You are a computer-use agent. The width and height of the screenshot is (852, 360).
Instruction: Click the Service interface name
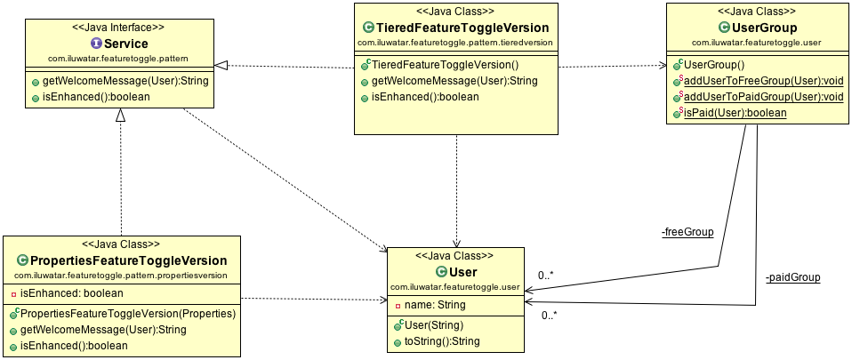125,44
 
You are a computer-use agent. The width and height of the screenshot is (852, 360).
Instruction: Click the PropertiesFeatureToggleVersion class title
129,260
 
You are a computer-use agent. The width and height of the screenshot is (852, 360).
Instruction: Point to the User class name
463,272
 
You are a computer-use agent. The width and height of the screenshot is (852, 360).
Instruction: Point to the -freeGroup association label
687,233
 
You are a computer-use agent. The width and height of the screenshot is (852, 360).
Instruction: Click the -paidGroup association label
792,277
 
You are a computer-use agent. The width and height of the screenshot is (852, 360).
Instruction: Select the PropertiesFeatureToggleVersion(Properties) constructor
126,314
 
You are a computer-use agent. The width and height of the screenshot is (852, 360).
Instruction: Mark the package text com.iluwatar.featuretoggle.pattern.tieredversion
454,43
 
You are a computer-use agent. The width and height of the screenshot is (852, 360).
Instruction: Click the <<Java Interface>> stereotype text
120,27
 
